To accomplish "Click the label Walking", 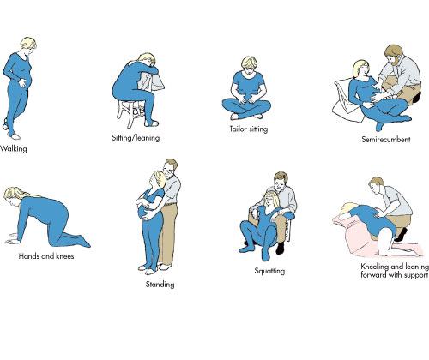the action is coord(14,148).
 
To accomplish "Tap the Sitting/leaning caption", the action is coord(136,138).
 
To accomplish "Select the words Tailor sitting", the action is coord(249,129).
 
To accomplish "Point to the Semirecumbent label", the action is coord(386,140).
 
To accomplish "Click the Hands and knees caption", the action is coord(46,256).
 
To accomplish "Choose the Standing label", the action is coord(160,285).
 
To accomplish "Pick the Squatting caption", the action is coord(269,271).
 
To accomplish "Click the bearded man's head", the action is coord(393,54).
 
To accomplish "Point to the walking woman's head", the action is coord(28,45).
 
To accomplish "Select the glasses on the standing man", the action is coord(168,171).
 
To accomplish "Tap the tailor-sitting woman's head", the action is coord(250,65).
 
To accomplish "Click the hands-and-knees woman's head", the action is coord(13,196).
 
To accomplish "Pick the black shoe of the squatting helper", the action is coord(281,248).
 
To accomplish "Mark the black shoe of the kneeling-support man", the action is coord(401,234).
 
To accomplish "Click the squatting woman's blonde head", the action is coord(271,200).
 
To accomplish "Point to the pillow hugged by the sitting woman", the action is coord(150,81).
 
